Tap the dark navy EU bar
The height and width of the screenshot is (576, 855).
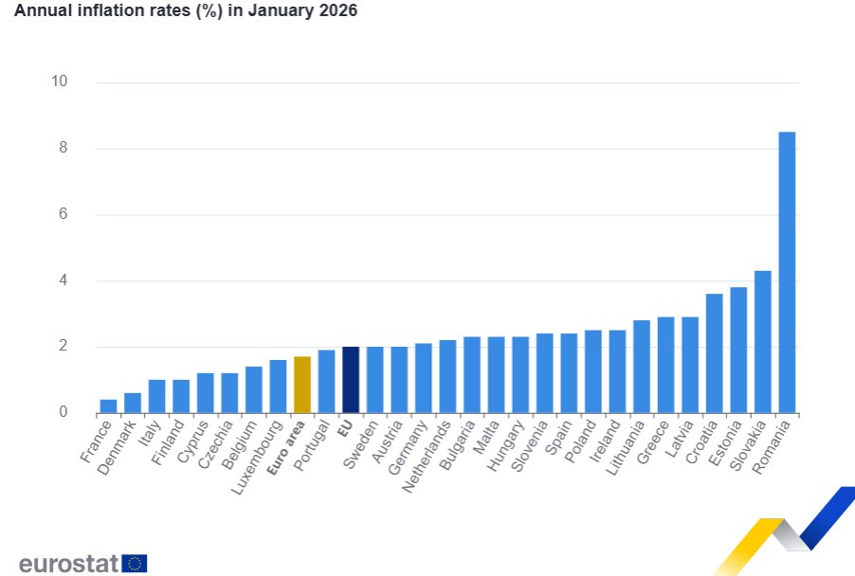pos(351,380)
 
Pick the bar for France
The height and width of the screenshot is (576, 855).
pos(109,406)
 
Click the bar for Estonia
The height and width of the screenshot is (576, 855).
pos(738,351)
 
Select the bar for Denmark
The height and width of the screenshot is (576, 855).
pos(133,403)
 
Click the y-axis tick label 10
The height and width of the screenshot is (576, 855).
pos(60,81)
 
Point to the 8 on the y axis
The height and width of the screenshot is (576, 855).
pos(64,148)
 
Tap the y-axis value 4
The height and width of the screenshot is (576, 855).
pos(64,280)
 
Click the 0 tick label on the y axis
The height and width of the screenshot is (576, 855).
pos(64,412)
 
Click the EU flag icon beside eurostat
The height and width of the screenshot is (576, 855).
pos(135,564)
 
